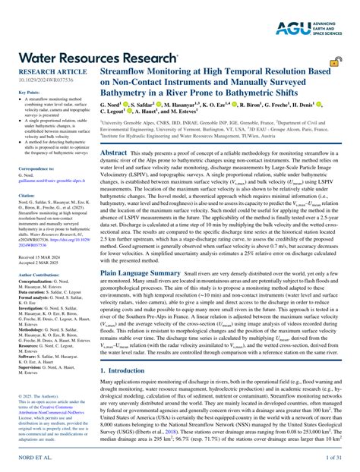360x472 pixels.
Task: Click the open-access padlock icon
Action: coord(333,61)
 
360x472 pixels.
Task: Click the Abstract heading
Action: coord(113,152)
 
